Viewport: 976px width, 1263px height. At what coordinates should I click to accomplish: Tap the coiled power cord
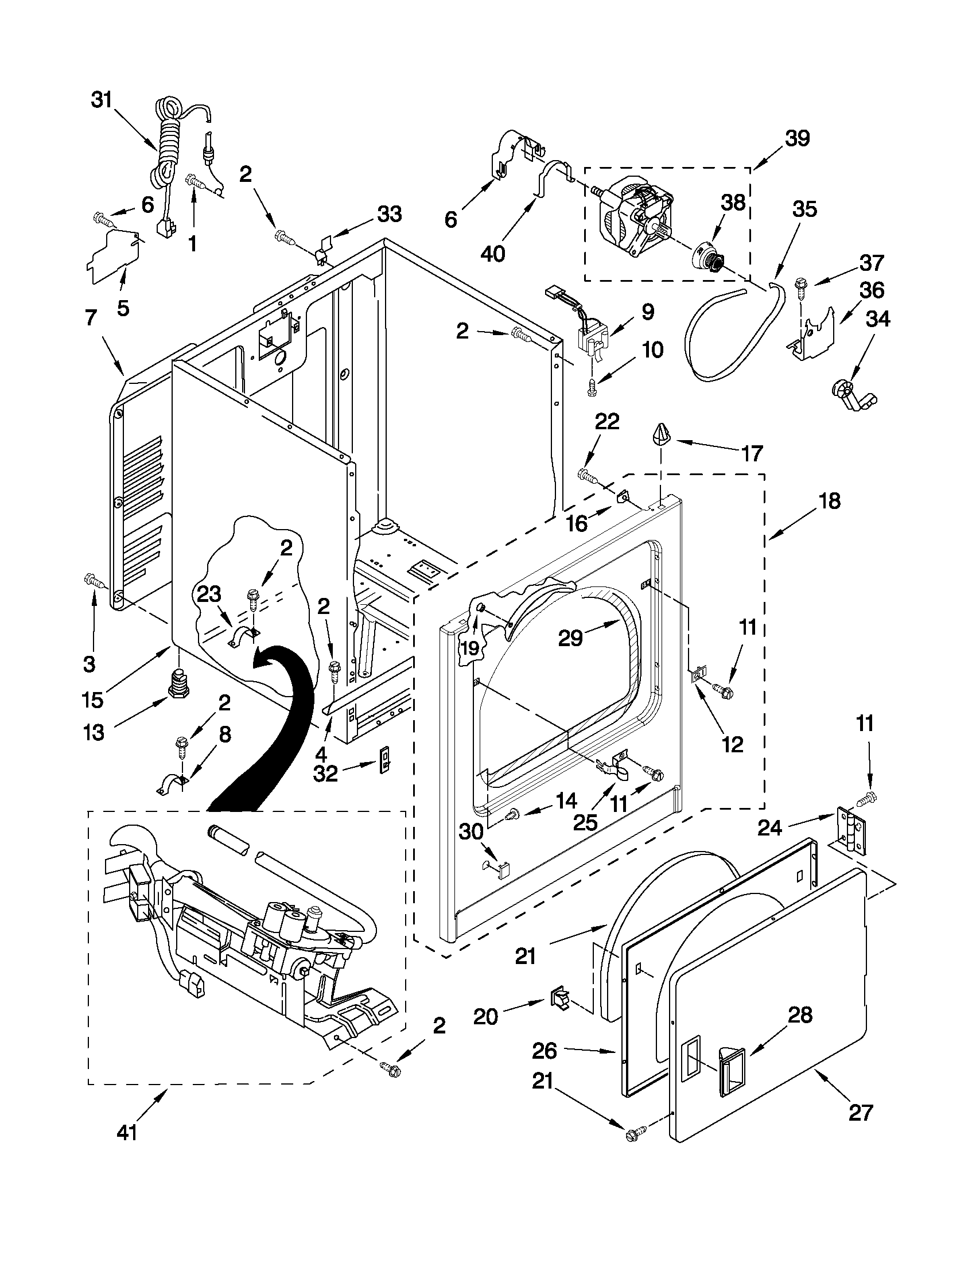(x=168, y=145)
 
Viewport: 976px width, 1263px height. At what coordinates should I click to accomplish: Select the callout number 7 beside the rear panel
(x=90, y=318)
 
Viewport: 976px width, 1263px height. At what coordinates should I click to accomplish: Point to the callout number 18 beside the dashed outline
(x=830, y=500)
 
